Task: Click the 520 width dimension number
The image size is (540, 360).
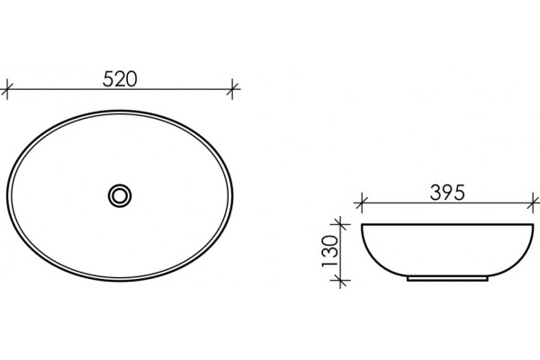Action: click(x=120, y=79)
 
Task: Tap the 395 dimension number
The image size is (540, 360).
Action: click(x=447, y=193)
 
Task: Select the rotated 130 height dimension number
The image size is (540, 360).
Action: click(x=330, y=251)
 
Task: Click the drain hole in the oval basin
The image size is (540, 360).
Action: click(x=120, y=195)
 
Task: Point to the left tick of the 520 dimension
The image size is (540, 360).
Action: click(x=7, y=89)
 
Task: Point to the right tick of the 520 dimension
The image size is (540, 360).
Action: click(x=232, y=89)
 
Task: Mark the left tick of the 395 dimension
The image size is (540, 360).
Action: click(x=361, y=202)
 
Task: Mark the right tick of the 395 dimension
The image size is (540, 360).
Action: click(x=534, y=202)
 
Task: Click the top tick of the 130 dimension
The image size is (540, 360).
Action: click(x=340, y=224)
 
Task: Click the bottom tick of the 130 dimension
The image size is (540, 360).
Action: click(x=340, y=281)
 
